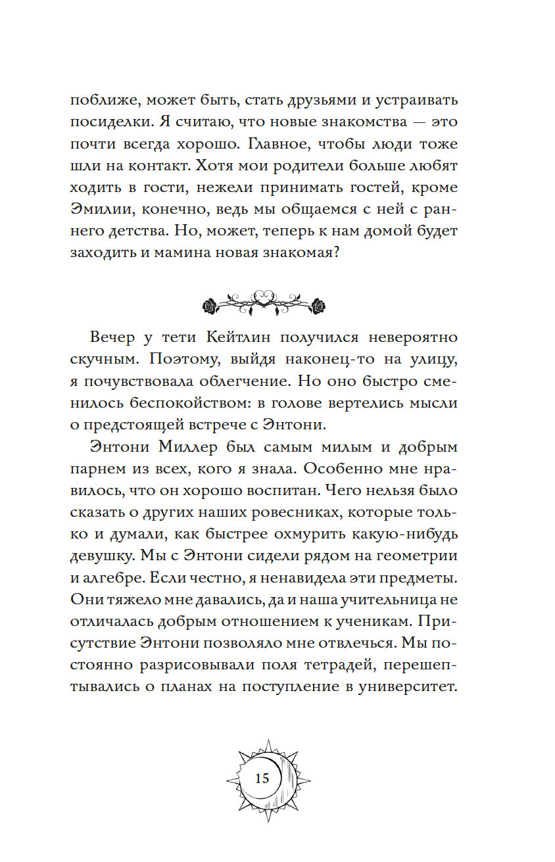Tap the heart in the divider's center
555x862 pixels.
point(264,297)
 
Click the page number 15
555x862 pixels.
point(262,778)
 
